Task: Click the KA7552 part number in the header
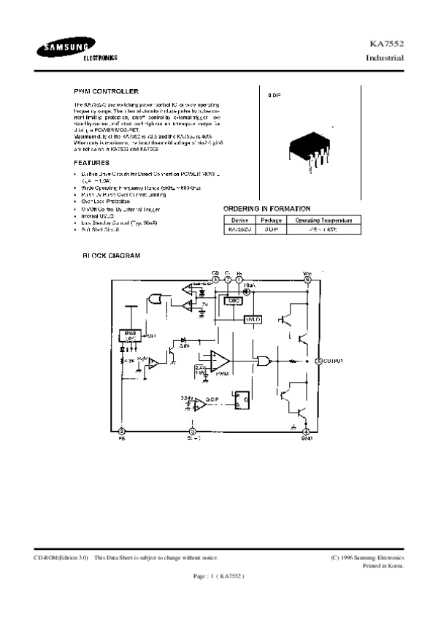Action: [x=390, y=45]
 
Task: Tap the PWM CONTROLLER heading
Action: [x=107, y=91]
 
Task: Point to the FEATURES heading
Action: [x=92, y=162]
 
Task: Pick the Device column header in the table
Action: [x=240, y=220]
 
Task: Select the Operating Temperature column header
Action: [x=323, y=220]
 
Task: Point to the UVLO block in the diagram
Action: [x=253, y=318]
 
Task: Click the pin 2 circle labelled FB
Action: [x=121, y=432]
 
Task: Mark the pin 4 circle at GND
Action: [x=307, y=432]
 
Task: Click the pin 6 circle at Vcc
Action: [x=307, y=279]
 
